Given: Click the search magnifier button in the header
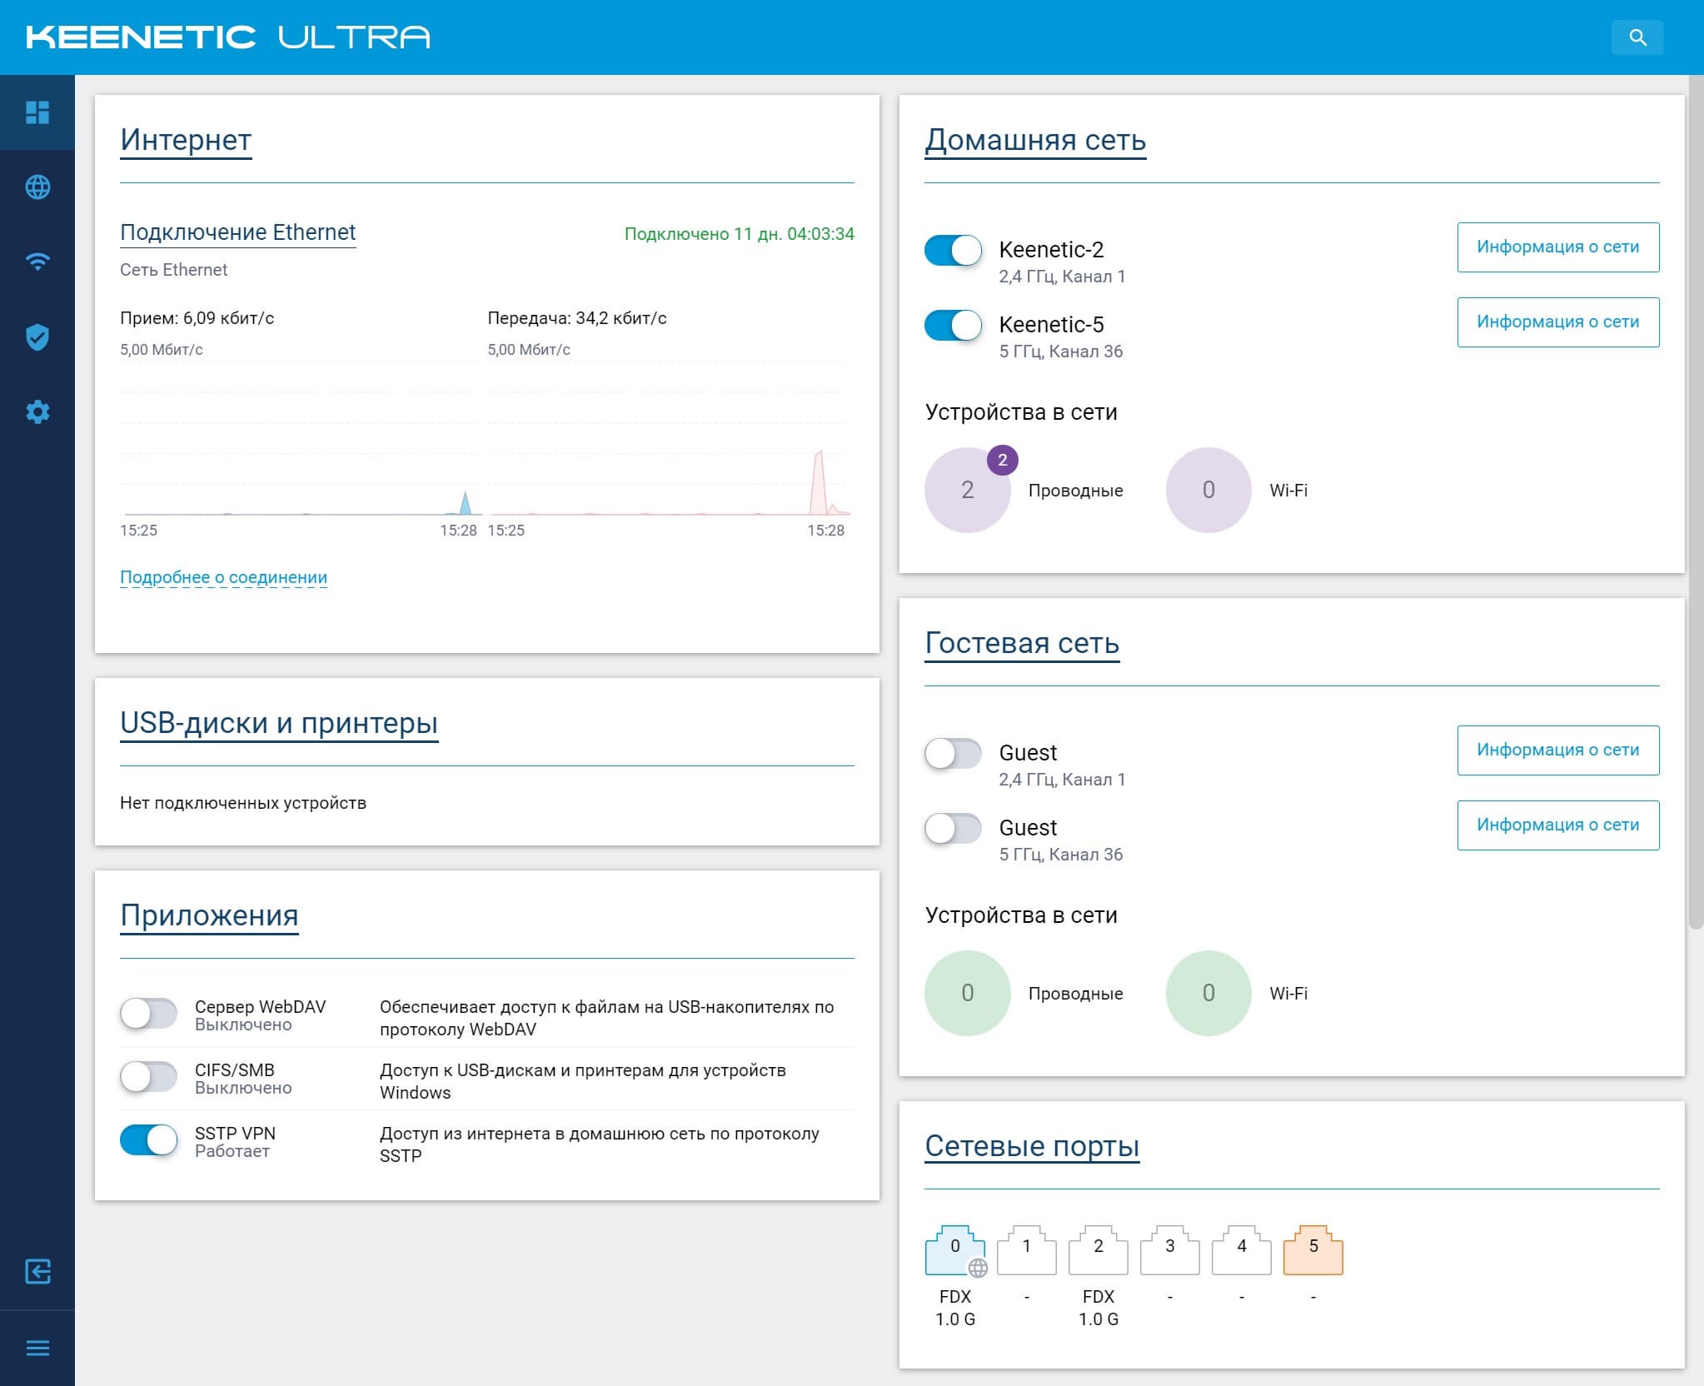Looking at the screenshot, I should coord(1637,37).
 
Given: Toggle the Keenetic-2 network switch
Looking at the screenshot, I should coord(953,251).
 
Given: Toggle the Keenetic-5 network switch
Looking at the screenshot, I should coord(953,326).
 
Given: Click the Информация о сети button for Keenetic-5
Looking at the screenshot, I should coord(1557,322).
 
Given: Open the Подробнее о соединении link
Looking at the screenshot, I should coord(223,577).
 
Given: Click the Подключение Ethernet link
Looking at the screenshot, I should coord(237,232).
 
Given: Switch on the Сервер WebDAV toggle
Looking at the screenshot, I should coord(148,1014).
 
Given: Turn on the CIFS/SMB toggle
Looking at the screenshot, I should coord(148,1077).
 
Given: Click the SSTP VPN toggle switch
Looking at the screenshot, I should coord(148,1140).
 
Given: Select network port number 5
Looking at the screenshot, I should coord(1313,1250).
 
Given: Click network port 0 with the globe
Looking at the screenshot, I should coord(954,1250).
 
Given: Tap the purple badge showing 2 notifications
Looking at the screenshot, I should coord(1002,460).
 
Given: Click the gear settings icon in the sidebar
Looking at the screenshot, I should coord(37,411).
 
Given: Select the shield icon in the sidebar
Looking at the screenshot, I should coord(37,337).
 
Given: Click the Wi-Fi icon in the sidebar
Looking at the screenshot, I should coord(37,262).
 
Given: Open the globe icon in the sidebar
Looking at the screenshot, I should coord(37,187).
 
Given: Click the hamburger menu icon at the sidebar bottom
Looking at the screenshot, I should coord(37,1348).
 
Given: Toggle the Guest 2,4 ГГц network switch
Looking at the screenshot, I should coord(953,754).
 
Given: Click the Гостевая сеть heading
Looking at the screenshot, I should coord(1021,643).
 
